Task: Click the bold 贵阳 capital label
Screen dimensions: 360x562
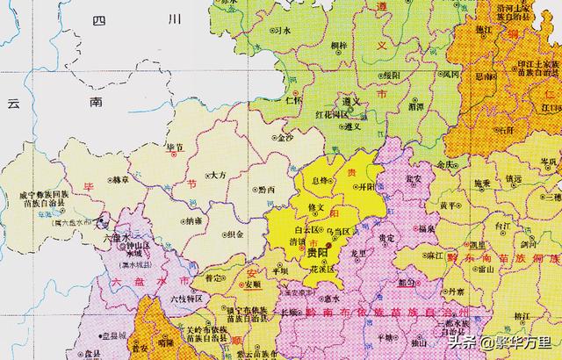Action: (320, 251)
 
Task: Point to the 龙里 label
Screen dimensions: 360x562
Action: (358, 252)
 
